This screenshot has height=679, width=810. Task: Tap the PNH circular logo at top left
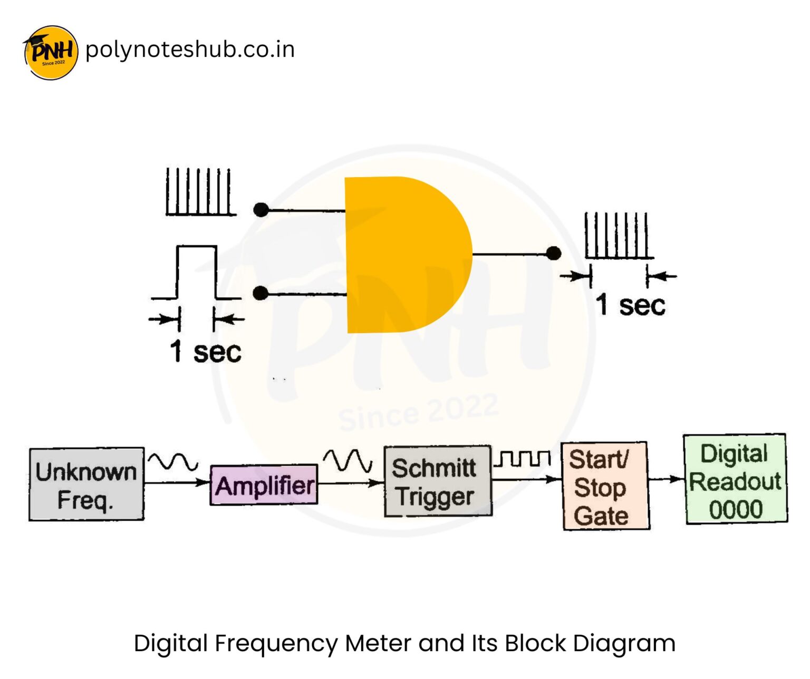tap(51, 52)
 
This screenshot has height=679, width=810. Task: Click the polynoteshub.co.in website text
tap(190, 50)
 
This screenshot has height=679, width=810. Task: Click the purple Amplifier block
tap(264, 485)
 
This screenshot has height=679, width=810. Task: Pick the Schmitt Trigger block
tap(437, 481)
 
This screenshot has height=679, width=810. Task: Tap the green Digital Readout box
tap(735, 479)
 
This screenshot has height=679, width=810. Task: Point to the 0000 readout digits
tap(735, 510)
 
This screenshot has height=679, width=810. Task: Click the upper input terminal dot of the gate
tap(261, 210)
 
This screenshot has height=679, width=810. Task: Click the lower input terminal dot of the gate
tap(261, 293)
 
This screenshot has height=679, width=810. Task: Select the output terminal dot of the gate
tap(553, 254)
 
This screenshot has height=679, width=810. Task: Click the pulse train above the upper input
tap(199, 192)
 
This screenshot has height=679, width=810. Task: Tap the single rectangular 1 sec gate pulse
tap(196, 272)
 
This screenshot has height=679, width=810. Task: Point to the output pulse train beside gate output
tap(618, 236)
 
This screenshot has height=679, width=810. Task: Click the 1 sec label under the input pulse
tap(206, 352)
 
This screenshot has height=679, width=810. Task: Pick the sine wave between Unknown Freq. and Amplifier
tap(173, 462)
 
